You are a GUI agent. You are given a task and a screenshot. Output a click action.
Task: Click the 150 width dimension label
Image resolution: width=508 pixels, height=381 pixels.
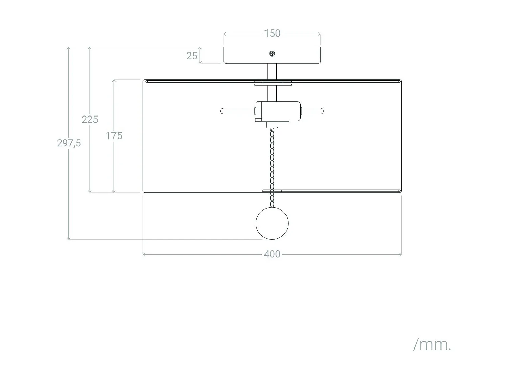coord(272,34)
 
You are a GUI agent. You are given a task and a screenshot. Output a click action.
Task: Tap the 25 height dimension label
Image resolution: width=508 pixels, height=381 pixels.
coord(192,56)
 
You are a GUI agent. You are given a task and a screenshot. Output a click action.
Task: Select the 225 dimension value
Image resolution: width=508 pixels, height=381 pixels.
coord(90,119)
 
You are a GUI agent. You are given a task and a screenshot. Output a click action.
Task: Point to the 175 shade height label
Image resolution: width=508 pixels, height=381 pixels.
coord(114,136)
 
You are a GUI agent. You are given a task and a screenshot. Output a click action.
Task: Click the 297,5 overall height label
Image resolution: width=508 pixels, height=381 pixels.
coord(69,143)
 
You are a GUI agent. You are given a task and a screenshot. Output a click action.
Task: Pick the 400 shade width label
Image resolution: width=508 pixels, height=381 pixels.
coord(272,254)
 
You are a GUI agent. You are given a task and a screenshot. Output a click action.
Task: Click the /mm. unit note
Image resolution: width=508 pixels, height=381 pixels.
coord(432,345)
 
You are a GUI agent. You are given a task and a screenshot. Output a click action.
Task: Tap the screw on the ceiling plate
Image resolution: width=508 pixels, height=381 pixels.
coord(272,54)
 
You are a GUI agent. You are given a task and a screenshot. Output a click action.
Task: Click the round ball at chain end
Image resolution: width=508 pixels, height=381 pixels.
coord(272,223)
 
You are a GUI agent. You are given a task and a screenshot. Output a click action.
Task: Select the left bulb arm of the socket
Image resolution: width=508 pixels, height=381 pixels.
coord(238,111)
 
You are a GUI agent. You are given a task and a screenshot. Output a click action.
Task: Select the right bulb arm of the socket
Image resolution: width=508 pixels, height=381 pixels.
coord(312,111)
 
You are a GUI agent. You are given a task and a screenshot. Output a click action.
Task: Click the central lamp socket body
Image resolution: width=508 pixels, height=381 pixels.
coord(278,111)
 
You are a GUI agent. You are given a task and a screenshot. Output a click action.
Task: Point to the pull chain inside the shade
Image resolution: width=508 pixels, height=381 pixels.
coord(272,168)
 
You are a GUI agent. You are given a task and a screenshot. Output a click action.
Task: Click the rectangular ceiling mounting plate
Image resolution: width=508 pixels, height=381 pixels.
coord(272,55)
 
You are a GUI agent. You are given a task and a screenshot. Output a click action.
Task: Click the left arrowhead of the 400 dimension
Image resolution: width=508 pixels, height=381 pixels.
coord(144,254)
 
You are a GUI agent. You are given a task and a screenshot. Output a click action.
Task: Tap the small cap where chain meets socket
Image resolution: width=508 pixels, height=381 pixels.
coord(272,125)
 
